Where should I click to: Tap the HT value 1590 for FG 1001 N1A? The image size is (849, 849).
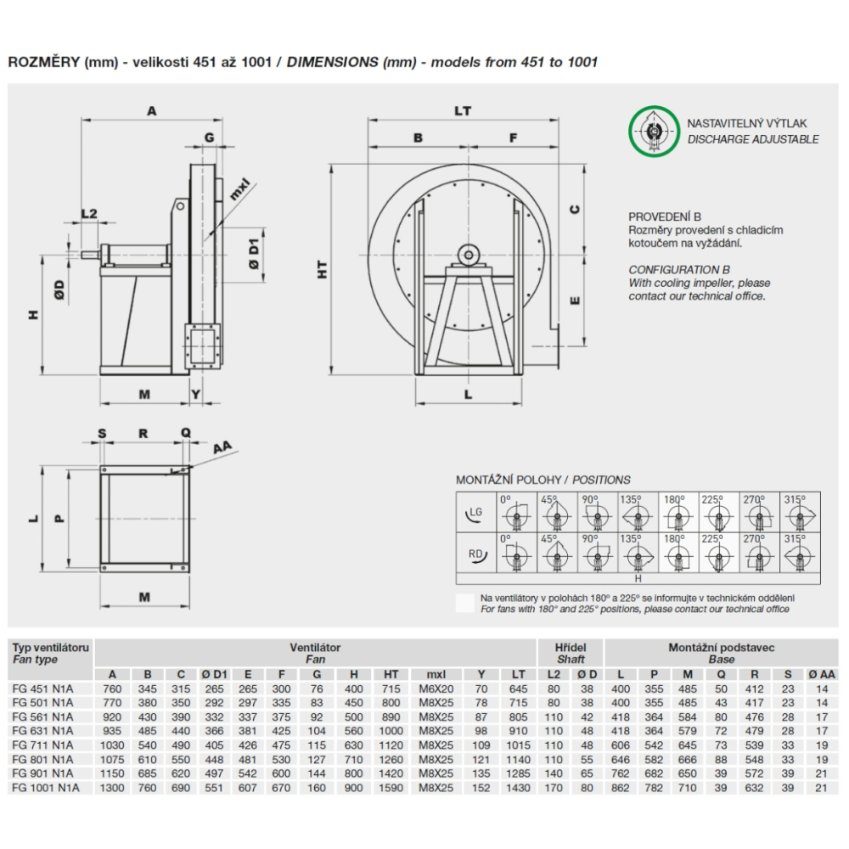(x=391, y=788)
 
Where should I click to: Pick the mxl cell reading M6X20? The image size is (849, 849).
(x=432, y=689)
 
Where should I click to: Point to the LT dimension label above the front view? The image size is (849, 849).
(x=463, y=110)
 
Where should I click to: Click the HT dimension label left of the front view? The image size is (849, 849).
(x=323, y=269)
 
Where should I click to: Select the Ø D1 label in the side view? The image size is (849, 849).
(x=254, y=252)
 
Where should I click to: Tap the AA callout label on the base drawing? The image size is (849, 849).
(x=222, y=447)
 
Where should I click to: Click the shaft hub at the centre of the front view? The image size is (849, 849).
(x=467, y=253)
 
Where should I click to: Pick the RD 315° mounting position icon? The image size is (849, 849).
(x=801, y=554)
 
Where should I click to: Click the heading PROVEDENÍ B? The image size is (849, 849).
(x=665, y=217)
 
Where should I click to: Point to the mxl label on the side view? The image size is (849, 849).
(x=239, y=186)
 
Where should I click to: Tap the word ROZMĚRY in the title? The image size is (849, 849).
(x=43, y=62)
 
